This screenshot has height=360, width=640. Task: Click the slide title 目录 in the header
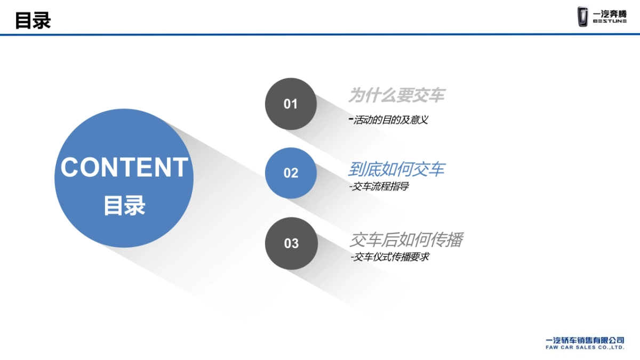coord(33,21)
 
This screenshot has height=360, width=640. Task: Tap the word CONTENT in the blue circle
coord(124,167)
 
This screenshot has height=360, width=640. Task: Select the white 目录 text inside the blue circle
coord(124,206)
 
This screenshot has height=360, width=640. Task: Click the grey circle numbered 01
coord(291,104)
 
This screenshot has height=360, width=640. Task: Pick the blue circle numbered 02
coord(291,173)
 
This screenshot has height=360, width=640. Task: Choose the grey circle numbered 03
coord(291,243)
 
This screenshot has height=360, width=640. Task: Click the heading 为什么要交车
coord(396,95)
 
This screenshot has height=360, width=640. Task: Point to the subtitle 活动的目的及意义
coord(390,120)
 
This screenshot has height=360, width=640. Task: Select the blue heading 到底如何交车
coord(396,170)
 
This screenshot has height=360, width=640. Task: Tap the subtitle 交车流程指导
coord(380,187)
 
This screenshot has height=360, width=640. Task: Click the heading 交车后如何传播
coord(406,240)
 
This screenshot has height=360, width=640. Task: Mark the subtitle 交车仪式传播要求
coord(390,257)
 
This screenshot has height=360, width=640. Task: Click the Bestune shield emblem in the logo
coord(583,16)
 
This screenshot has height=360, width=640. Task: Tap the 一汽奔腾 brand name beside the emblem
coord(610,13)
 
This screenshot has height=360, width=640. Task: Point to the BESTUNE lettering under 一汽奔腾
coord(610,22)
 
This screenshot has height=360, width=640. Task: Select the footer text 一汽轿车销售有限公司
coord(585,340)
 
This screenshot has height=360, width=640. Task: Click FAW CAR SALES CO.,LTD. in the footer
coord(585,347)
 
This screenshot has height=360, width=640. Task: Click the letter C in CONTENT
coord(69,167)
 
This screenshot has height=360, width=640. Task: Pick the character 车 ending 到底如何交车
coord(437,170)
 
